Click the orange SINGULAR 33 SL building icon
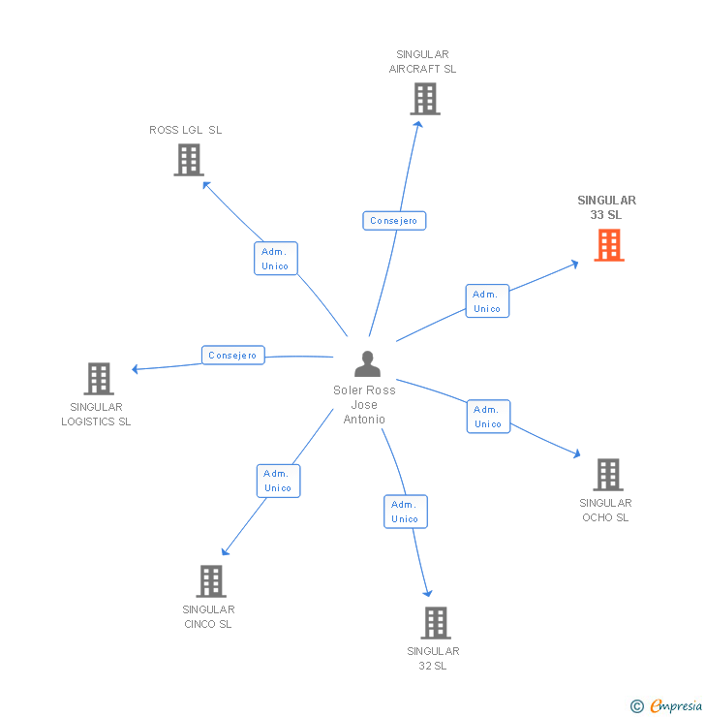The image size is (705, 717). click(608, 245)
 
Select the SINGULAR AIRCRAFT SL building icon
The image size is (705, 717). click(424, 99)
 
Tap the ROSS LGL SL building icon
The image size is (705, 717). click(189, 160)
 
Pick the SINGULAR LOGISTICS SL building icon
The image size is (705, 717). click(98, 379)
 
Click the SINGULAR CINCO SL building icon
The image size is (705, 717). click(210, 581)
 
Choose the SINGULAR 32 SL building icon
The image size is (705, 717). click(436, 623)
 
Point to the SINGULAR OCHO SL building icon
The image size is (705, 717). click(607, 475)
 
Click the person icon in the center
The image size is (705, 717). click(367, 364)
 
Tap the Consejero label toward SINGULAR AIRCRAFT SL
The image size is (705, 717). click(394, 221)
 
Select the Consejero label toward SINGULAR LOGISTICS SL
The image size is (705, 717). click(233, 356)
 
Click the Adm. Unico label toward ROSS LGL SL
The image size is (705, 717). click(276, 259)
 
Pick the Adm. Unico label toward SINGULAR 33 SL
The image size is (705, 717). click(487, 301)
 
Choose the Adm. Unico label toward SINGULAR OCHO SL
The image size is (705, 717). click(488, 417)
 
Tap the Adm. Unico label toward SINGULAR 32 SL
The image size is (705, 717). click(405, 512)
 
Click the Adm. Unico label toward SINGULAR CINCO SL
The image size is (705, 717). click(278, 481)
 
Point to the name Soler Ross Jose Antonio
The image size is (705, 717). click(364, 405)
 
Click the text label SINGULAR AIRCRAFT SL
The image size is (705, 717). click(422, 62)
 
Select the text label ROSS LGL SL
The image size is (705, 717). click(185, 130)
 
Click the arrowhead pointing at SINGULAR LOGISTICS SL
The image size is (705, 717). click(137, 368)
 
